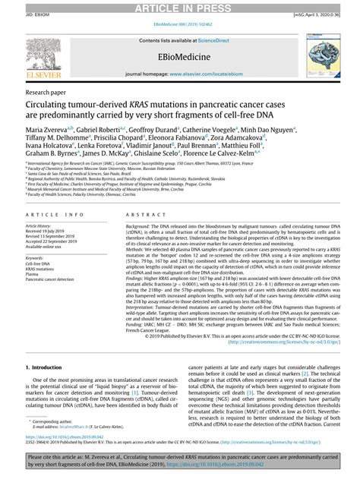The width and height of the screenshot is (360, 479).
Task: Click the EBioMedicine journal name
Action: coord(179,58)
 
